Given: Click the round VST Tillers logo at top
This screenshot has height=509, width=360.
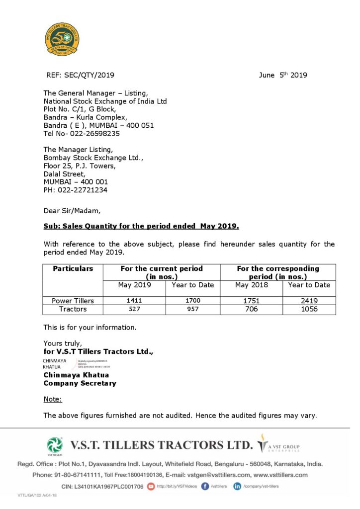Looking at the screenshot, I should click(x=62, y=39).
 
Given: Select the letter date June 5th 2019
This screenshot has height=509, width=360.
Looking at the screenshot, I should click(x=283, y=76).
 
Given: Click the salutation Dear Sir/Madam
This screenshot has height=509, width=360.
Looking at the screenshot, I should click(x=72, y=211).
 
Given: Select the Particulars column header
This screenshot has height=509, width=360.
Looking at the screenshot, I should click(x=73, y=269).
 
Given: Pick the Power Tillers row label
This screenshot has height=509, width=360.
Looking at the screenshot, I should click(x=73, y=301).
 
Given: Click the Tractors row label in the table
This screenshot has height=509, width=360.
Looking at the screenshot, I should click(x=73, y=309).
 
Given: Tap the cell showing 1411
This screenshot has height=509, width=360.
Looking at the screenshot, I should click(x=134, y=301).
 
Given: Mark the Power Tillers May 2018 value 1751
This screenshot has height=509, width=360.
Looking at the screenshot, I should click(x=252, y=301).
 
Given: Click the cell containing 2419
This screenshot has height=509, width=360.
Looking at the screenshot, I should click(x=309, y=301).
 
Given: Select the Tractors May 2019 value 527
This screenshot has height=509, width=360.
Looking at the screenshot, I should click(x=134, y=309).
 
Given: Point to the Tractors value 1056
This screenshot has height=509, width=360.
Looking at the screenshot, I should click(x=309, y=309).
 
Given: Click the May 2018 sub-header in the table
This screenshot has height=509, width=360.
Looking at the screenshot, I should click(x=252, y=285).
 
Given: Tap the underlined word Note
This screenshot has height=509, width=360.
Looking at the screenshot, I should click(x=53, y=399).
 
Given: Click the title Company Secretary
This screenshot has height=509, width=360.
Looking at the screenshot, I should click(x=80, y=384).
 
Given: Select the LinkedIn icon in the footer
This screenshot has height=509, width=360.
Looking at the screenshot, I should click(x=237, y=486).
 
